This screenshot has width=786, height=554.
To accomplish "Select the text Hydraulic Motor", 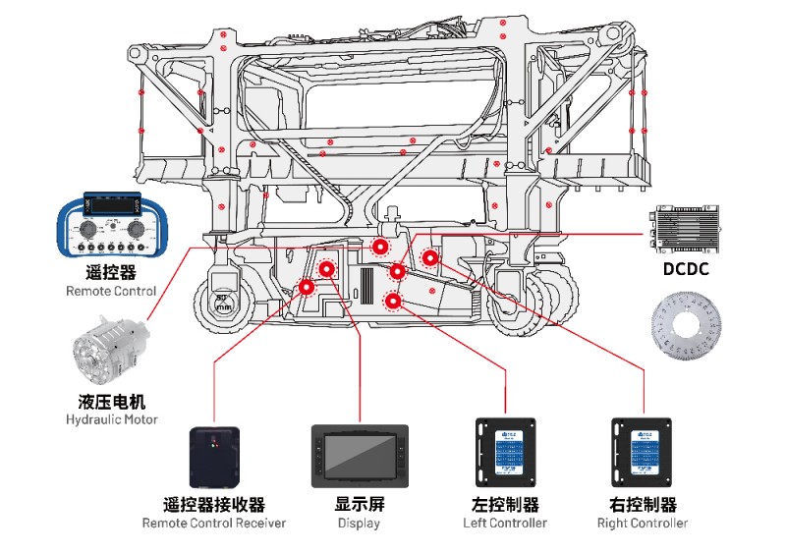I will [111, 419].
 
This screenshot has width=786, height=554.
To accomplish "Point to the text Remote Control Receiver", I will [214, 523].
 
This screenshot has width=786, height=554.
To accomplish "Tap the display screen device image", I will [360, 456].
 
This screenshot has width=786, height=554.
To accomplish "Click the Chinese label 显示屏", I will [360, 504].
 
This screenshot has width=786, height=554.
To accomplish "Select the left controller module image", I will [505, 453].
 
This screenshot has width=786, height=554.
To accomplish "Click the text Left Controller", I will [505, 523].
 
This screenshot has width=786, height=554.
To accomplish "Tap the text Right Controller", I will [643, 523].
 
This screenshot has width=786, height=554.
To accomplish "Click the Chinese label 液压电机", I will [111, 401].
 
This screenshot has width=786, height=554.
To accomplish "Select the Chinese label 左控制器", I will [505, 504].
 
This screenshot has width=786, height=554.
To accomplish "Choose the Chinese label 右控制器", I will [643, 504].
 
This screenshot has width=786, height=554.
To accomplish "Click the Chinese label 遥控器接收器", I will [214, 504].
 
